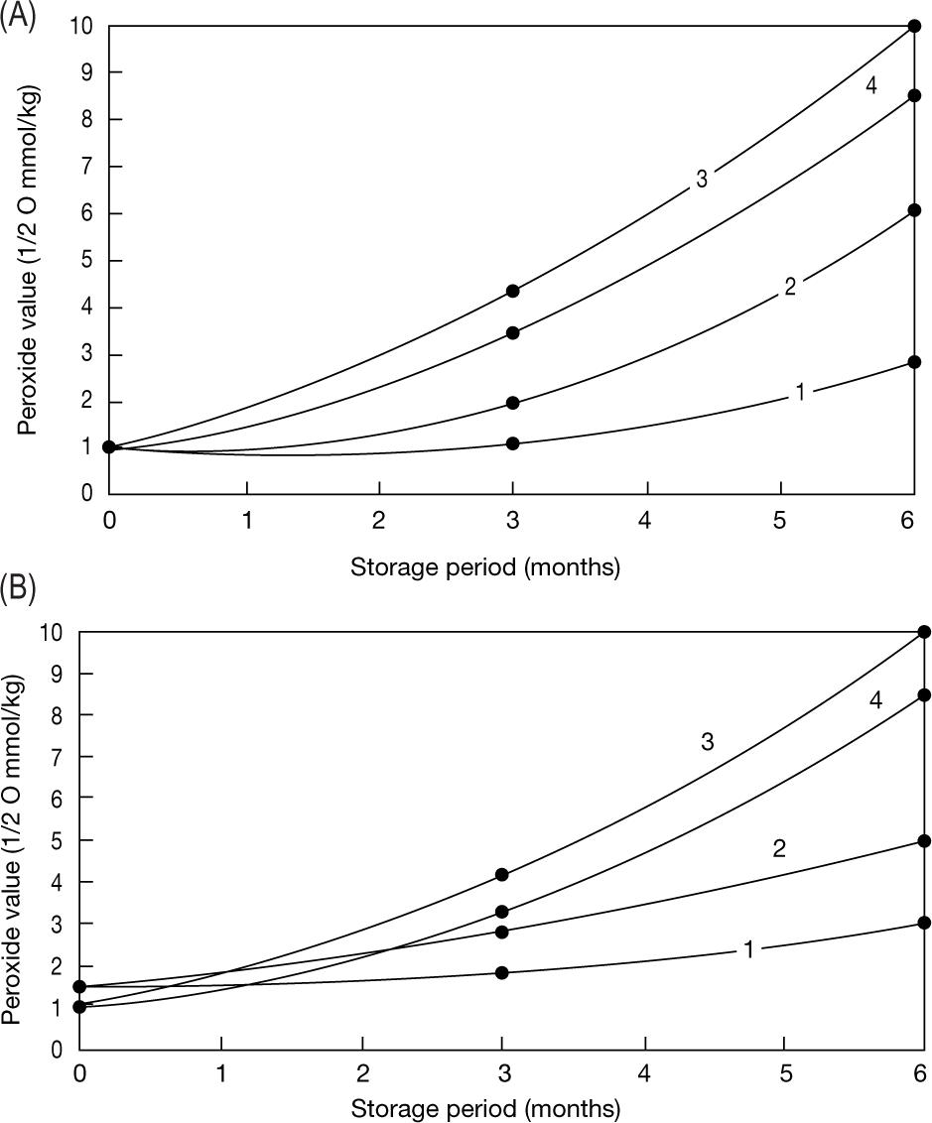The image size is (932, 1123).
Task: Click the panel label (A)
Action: [x=19, y=19]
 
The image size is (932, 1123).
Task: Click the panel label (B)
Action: [x=19, y=588]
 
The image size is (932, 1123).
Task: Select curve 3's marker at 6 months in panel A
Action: [x=914, y=26]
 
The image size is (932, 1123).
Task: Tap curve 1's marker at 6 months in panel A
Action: [x=914, y=362]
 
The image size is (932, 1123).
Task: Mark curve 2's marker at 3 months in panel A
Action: [x=512, y=403]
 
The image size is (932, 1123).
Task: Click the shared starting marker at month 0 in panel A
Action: [x=109, y=447]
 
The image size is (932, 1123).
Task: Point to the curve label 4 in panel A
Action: [x=870, y=86]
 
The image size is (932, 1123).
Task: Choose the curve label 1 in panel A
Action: [x=799, y=393]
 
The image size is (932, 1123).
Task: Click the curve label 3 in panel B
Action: [x=708, y=743]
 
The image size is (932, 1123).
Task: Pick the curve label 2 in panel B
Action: [x=779, y=849]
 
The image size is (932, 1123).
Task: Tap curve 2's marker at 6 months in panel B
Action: [x=924, y=841]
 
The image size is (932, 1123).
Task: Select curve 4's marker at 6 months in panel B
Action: [x=924, y=695]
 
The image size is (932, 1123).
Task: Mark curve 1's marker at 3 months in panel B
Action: [x=502, y=973]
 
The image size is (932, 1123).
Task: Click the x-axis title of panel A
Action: [x=485, y=567]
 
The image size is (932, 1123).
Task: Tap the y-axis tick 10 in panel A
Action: [x=83, y=26]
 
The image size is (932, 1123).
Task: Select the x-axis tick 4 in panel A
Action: [x=646, y=517]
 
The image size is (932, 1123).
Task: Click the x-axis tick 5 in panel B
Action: [x=784, y=1074]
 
